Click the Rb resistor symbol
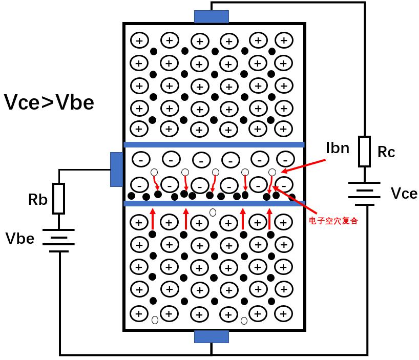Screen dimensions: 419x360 [58, 198]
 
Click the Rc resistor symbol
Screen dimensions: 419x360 [364, 152]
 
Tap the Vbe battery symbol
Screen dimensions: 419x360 [58, 240]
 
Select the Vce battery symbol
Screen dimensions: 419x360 [364, 194]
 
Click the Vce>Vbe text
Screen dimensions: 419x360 [49, 102]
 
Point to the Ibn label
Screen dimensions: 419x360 [338, 147]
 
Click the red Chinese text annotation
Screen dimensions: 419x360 [333, 221]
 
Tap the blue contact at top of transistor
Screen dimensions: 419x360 [212, 16]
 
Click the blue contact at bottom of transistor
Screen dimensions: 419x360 [212, 336]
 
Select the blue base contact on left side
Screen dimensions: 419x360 [116, 170]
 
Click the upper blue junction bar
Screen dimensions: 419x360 [214, 144]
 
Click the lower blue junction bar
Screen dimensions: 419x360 [214, 203]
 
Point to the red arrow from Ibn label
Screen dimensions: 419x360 [303, 166]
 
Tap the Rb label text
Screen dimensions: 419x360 [38, 200]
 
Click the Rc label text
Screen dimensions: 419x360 [386, 152]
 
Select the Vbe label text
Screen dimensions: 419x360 [20, 239]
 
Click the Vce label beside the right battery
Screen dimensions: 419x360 [404, 194]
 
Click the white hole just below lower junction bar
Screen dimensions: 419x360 [213, 213]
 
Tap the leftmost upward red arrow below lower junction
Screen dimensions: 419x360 [153, 219]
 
